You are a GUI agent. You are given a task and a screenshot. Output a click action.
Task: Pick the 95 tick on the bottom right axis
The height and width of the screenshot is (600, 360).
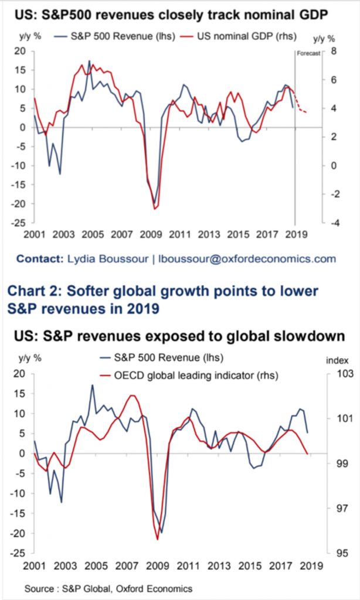pyautogui.click(x=334, y=553)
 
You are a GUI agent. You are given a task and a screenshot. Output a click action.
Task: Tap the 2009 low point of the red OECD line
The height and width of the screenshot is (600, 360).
pyautogui.click(x=157, y=538)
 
